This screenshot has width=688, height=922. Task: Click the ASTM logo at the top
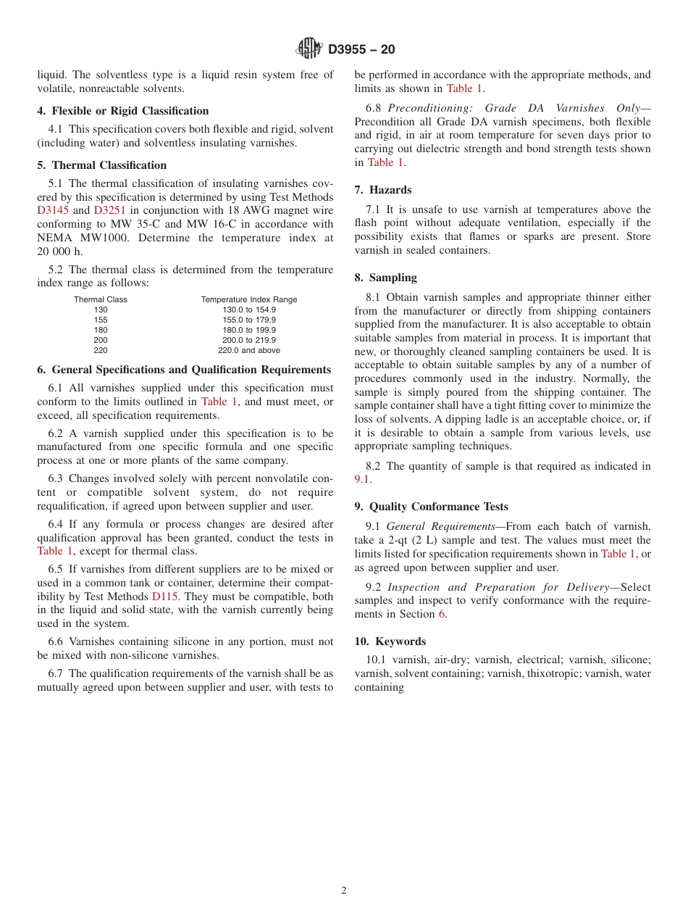click(x=309, y=49)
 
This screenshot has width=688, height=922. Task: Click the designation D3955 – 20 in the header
click(x=361, y=49)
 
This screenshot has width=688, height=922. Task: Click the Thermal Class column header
click(x=100, y=299)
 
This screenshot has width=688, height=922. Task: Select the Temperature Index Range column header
click(x=248, y=299)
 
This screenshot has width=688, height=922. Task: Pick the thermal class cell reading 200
click(x=100, y=340)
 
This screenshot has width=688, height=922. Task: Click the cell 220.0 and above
click(x=248, y=350)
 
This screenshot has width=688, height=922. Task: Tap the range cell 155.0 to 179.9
click(x=248, y=320)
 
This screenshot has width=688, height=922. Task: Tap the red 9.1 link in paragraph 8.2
click(x=361, y=480)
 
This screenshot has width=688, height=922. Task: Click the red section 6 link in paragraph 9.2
click(x=441, y=614)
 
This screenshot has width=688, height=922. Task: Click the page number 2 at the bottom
click(x=344, y=891)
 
